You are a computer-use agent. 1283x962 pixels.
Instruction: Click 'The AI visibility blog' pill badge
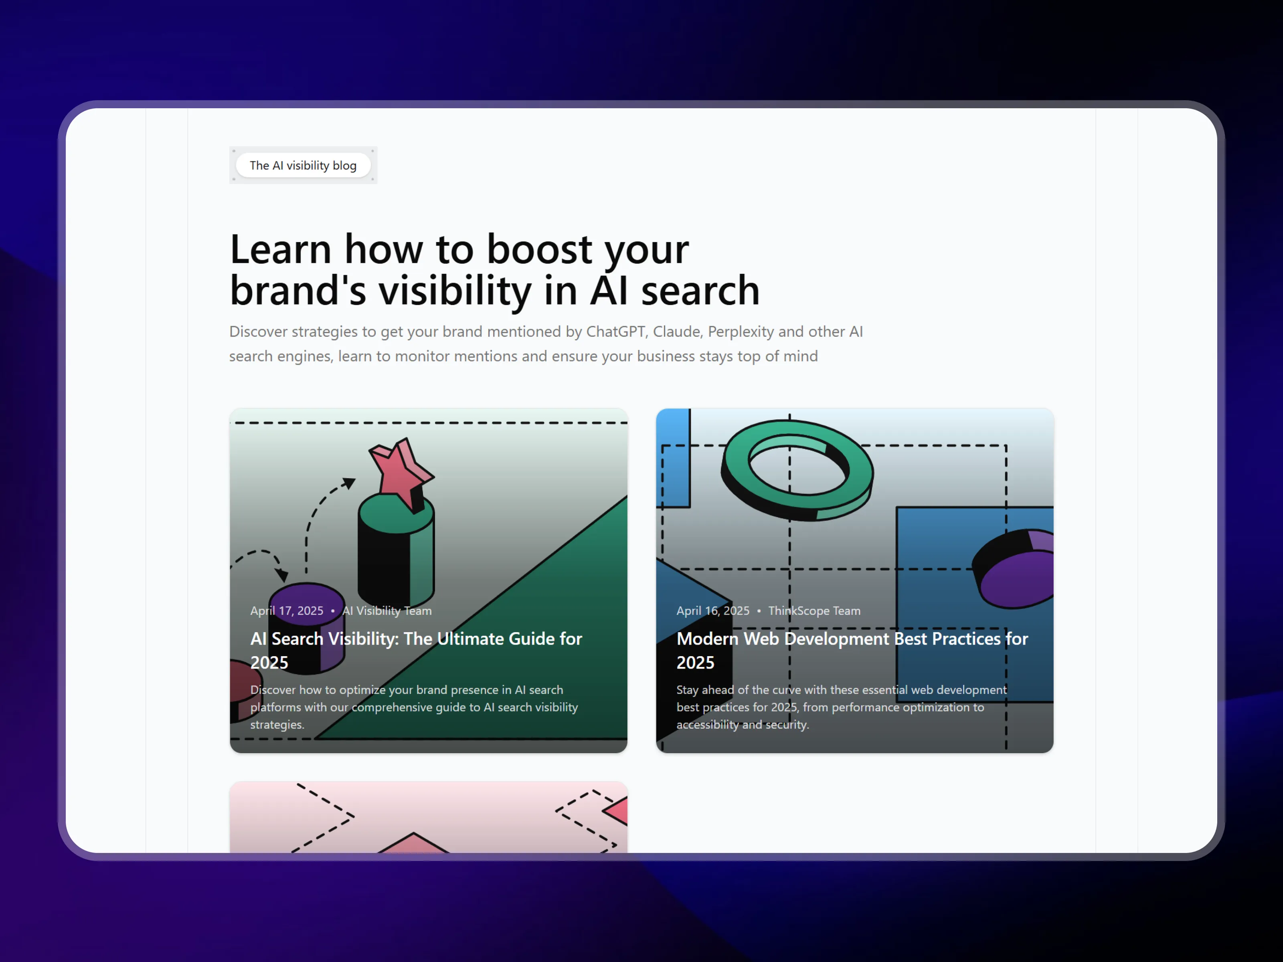303,165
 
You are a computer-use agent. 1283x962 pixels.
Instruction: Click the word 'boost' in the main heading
539,249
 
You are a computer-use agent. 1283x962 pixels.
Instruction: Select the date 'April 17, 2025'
287,610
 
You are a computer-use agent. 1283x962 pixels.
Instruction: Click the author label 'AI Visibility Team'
387,610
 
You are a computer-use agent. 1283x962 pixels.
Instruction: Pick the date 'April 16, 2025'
713,610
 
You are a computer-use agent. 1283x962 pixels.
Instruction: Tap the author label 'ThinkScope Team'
814,610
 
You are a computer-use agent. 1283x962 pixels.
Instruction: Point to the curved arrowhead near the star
348,483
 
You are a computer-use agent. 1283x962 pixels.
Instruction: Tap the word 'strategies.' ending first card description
277,724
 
